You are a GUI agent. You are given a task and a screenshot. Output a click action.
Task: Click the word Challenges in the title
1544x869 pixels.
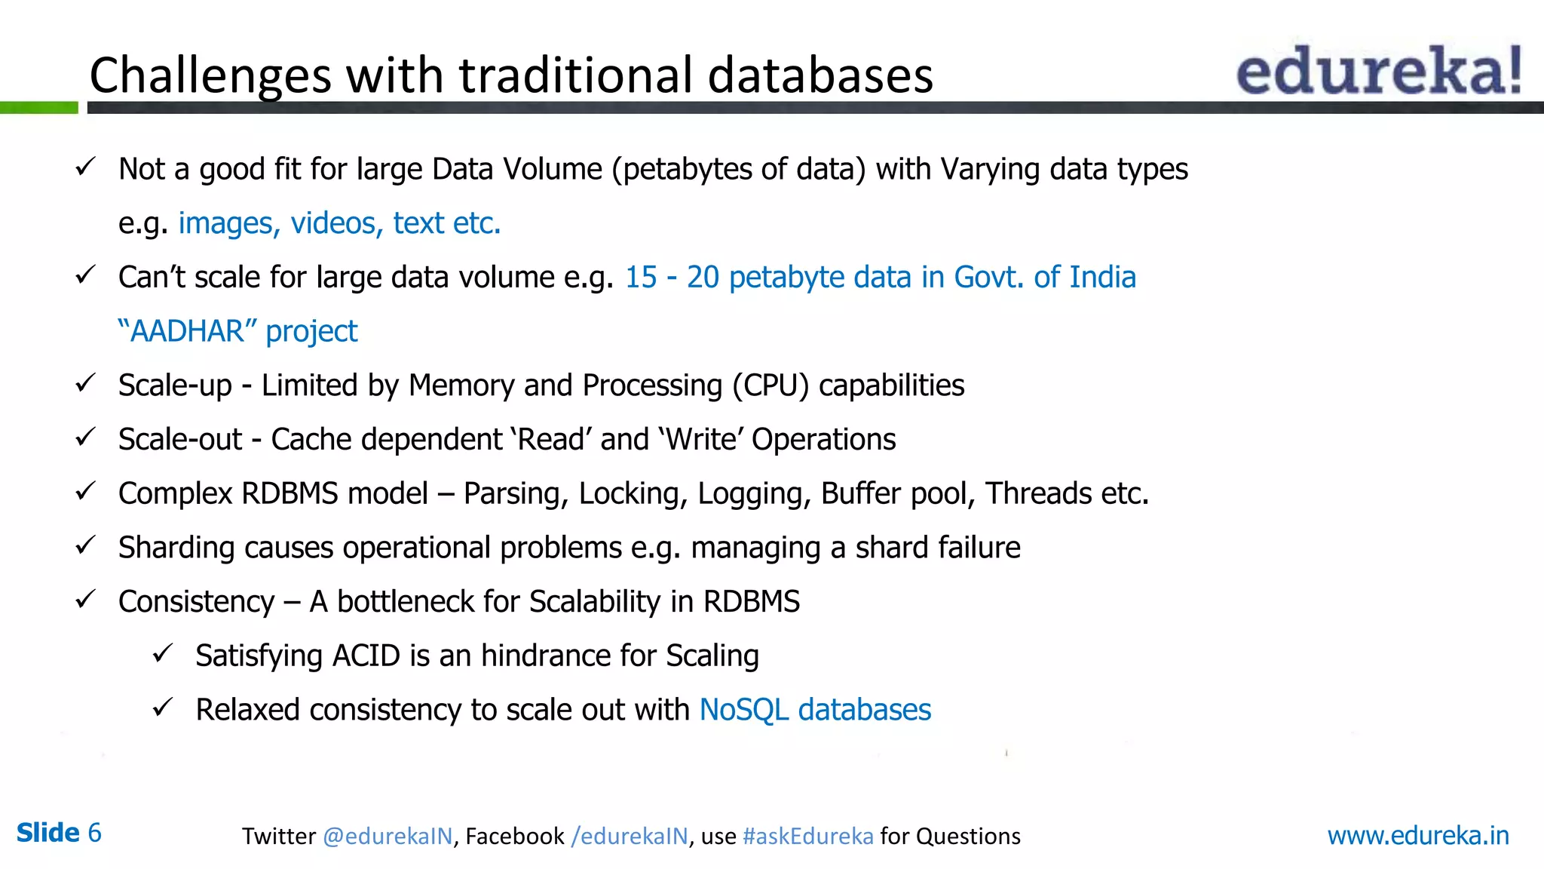click(x=210, y=76)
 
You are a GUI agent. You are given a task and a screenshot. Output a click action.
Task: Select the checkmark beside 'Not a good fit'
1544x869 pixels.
click(x=85, y=167)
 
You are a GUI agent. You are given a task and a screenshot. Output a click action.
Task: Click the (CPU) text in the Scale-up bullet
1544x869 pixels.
click(x=770, y=385)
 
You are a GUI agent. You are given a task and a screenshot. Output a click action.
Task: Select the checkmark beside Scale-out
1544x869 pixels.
click(x=85, y=437)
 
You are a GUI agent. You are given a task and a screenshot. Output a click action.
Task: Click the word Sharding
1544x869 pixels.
click(x=176, y=548)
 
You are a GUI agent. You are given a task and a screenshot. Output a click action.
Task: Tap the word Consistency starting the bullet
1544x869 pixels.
click(x=196, y=602)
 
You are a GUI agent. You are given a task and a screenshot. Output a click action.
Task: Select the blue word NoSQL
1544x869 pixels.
click(x=743, y=710)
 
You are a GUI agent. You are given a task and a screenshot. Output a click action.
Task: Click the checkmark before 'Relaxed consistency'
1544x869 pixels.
click(x=163, y=708)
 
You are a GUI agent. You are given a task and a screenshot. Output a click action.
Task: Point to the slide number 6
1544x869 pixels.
click(x=94, y=833)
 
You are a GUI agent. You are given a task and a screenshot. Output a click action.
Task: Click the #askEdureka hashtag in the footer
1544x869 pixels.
click(x=807, y=837)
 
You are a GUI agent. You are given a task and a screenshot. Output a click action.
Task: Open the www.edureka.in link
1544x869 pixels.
click(x=1417, y=836)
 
